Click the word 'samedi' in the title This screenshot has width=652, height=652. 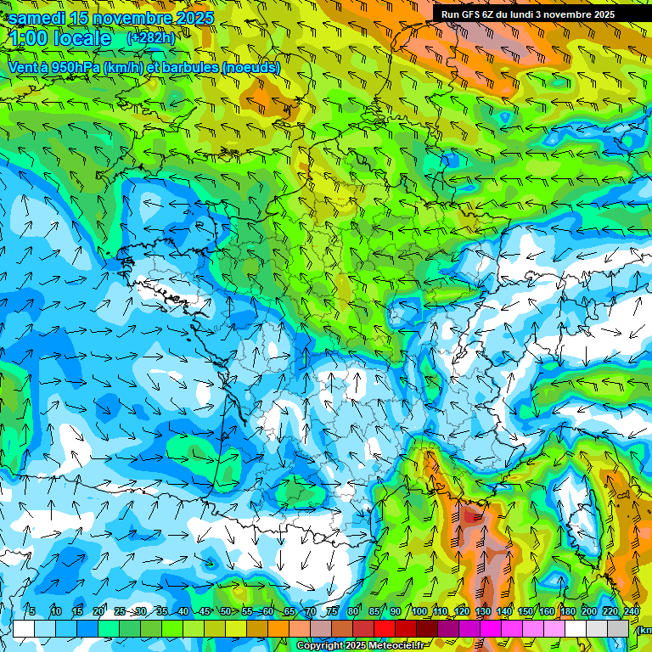(37, 18)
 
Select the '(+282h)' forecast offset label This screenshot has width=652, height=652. (152, 38)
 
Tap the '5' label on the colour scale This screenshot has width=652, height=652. (31, 611)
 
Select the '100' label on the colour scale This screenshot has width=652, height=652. (419, 611)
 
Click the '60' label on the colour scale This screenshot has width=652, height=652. (267, 611)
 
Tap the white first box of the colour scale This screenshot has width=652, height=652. (24, 628)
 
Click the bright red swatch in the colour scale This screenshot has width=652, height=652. (385, 628)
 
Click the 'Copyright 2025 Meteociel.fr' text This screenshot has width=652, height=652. (362, 646)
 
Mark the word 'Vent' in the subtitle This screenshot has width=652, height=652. (23, 67)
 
